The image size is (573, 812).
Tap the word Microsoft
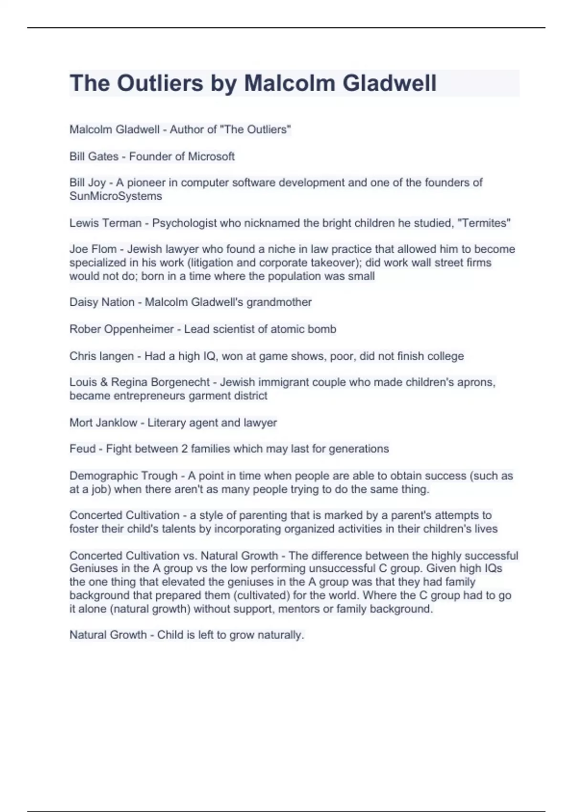click(212, 156)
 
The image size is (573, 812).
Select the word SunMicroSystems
click(116, 196)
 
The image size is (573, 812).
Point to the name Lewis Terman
click(106, 223)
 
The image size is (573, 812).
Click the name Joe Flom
click(93, 249)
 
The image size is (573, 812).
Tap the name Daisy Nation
click(102, 302)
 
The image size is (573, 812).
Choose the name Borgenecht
click(180, 382)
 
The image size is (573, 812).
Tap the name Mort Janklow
click(103, 423)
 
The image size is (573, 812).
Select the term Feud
click(82, 449)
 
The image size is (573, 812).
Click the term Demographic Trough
click(123, 476)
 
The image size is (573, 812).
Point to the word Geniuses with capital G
click(94, 568)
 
